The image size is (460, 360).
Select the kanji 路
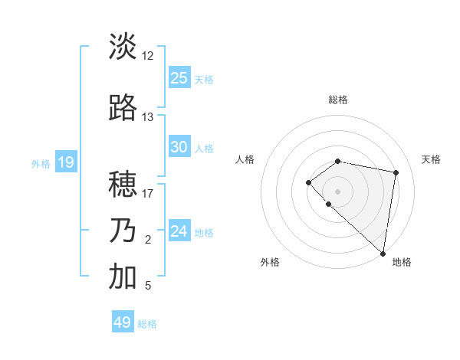click(123, 109)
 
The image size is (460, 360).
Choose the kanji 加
click(123, 278)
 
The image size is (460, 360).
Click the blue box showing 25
click(179, 77)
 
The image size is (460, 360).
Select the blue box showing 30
click(179, 147)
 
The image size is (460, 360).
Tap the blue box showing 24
click(179, 231)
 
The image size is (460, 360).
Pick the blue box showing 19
click(65, 162)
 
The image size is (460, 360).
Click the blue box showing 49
click(123, 322)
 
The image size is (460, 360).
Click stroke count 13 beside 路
click(147, 117)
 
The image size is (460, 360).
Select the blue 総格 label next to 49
click(147, 324)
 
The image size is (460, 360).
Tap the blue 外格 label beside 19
click(41, 163)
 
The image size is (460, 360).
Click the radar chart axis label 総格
click(337, 100)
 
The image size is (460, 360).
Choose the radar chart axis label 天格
click(431, 159)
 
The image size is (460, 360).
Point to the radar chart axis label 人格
click(245, 159)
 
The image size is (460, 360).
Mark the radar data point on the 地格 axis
click(383, 253)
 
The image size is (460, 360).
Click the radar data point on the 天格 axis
click(396, 172)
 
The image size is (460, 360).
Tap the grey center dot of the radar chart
click(337, 191)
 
